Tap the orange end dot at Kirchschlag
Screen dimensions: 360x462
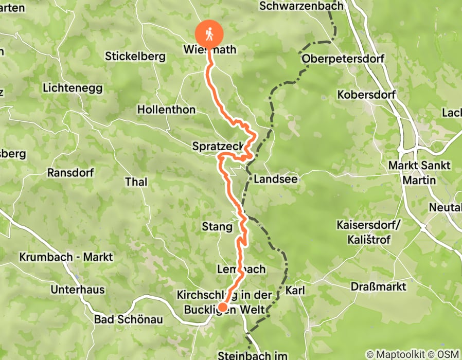(223, 308)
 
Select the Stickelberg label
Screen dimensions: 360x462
(135, 56)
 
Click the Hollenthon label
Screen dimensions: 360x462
(166, 110)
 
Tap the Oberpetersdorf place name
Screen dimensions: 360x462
(343, 59)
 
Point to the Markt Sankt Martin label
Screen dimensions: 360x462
(419, 173)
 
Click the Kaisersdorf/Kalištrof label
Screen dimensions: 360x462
(368, 232)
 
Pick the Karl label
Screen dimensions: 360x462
(295, 291)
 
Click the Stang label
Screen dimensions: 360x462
(217, 227)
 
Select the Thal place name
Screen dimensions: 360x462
(136, 182)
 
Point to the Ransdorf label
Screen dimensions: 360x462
(70, 172)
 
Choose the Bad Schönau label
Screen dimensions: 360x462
(129, 319)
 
